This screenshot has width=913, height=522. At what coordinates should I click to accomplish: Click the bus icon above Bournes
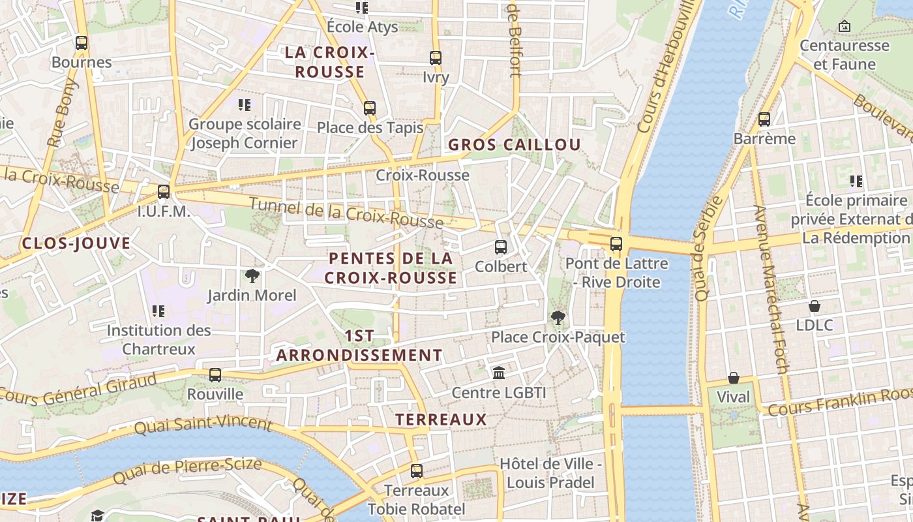tap(82, 43)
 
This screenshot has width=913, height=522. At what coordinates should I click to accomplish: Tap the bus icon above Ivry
tap(436, 58)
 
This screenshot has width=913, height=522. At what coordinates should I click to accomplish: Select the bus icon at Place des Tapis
tap(370, 108)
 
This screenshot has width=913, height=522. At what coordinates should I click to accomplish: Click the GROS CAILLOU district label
tap(515, 145)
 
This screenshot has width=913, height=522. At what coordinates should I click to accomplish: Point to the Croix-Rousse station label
tap(423, 175)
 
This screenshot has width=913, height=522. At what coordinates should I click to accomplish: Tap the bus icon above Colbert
tap(501, 247)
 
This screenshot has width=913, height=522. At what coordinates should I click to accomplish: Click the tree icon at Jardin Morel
tap(252, 276)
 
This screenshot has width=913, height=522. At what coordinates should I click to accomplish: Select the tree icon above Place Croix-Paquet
tap(558, 318)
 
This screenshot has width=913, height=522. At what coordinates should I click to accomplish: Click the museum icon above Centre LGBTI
tap(499, 373)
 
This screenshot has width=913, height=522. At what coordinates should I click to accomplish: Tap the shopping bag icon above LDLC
tap(815, 305)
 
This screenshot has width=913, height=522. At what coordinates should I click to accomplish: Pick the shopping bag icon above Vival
tap(734, 378)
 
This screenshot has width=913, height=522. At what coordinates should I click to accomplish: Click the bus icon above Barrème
tap(764, 119)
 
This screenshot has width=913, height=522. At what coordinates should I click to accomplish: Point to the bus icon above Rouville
tap(215, 375)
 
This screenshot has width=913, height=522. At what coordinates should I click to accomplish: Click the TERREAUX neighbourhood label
tap(442, 420)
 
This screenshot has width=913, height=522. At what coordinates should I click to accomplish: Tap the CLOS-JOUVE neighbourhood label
tap(76, 244)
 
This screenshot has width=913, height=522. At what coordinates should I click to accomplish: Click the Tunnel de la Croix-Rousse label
tap(346, 213)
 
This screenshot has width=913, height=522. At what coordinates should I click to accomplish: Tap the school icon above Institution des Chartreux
tap(158, 311)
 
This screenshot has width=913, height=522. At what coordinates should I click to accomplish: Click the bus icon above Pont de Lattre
tap(616, 245)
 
